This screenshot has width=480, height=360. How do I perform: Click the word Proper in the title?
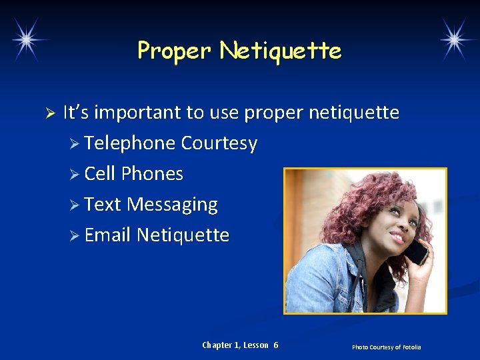[174, 51]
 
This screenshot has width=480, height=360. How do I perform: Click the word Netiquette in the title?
[281, 51]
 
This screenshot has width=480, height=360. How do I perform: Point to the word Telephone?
[130, 143]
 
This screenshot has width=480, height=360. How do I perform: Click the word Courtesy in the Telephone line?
[219, 144]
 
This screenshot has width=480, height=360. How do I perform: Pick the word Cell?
[100, 174]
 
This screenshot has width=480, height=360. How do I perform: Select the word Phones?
[152, 174]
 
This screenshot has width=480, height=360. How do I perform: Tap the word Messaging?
[172, 205]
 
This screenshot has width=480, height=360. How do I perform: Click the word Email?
[107, 235]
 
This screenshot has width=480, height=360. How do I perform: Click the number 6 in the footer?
[276, 345]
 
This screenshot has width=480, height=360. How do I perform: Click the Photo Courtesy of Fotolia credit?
[387, 347]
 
